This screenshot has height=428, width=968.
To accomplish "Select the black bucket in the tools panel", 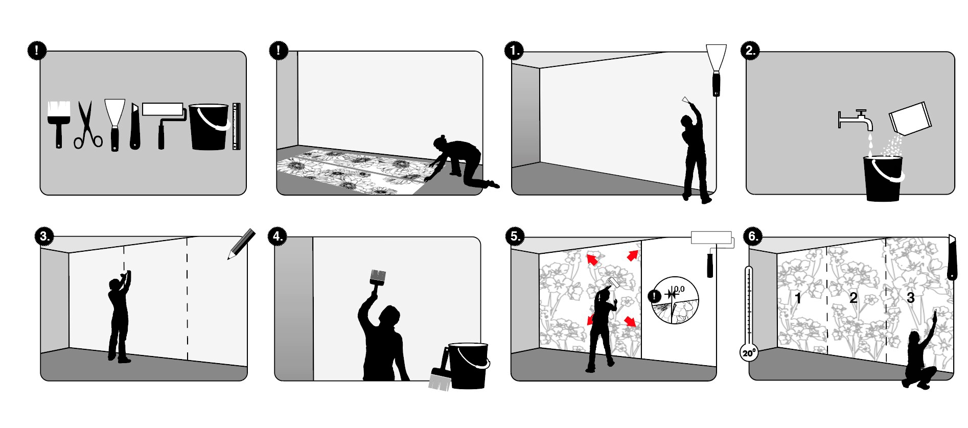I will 209,128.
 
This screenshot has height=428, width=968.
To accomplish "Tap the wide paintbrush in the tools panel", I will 58,123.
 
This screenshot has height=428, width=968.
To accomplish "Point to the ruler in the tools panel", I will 236,126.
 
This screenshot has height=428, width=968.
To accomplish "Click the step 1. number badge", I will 514,51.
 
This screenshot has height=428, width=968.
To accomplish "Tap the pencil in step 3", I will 242,244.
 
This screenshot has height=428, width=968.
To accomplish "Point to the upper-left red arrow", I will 593,260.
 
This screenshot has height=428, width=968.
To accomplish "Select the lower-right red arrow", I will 631,321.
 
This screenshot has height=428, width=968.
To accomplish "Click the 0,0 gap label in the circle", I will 679,290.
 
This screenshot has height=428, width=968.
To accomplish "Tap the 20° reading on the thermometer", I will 749,353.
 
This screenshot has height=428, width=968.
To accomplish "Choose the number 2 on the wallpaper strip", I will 853,298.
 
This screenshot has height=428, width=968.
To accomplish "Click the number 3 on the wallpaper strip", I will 910,298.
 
